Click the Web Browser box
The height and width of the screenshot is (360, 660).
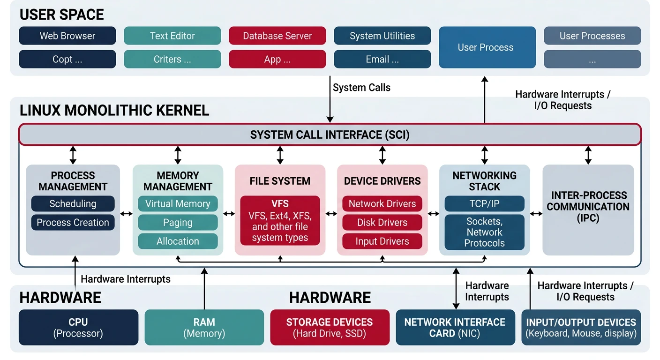pos(67,36)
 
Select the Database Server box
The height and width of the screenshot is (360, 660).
pos(277,36)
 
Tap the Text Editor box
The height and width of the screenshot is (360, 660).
pos(172,36)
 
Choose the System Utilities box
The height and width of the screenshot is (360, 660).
pos(382,36)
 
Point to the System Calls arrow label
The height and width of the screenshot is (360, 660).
pos(361,88)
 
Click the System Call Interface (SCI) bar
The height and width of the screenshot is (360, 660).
pos(330,135)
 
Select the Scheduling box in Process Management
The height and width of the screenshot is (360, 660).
pos(73,204)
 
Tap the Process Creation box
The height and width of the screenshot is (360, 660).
pos(73,223)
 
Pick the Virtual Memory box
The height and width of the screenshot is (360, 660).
pos(178,204)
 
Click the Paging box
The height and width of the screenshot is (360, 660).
pos(178,223)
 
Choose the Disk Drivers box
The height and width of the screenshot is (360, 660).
pos(382,223)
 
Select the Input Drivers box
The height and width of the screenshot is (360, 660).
pos(382,241)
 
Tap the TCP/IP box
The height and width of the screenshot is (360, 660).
pos(484,204)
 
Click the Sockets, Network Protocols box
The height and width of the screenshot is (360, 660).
pos(484,232)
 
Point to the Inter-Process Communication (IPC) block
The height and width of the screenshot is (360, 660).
pos(588,207)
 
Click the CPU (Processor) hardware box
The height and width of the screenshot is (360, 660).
pos(78,328)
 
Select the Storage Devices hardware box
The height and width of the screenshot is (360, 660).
pos(330,328)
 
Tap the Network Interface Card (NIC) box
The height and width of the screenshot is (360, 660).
pos(455,328)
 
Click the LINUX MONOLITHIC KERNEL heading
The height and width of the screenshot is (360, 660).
pos(114,111)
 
